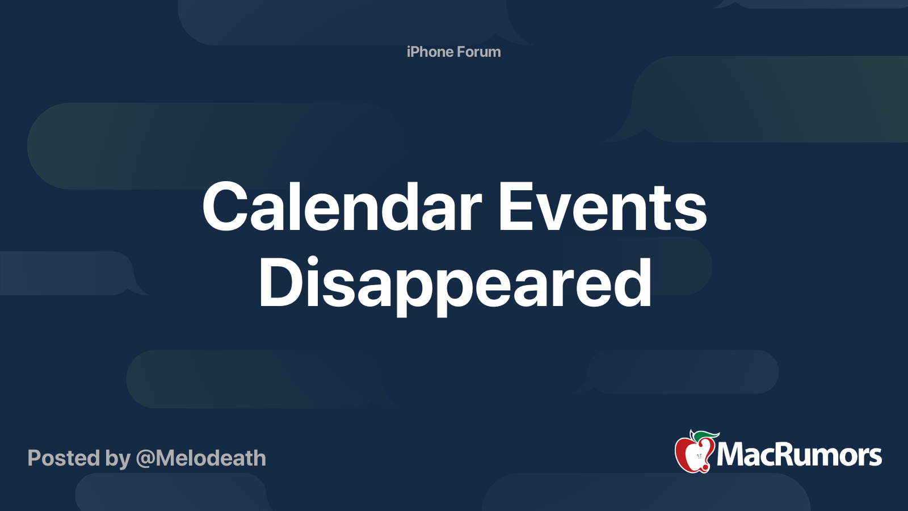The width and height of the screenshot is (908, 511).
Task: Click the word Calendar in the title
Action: click(342, 206)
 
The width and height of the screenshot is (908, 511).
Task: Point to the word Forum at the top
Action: click(479, 52)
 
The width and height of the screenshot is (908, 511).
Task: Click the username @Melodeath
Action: click(201, 458)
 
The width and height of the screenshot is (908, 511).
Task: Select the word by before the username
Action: click(118, 459)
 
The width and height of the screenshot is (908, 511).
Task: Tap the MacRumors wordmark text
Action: click(799, 455)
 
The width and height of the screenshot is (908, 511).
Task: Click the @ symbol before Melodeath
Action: click(145, 459)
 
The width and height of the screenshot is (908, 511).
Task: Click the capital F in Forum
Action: click(461, 52)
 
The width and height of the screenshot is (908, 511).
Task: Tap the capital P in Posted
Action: click(35, 458)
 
